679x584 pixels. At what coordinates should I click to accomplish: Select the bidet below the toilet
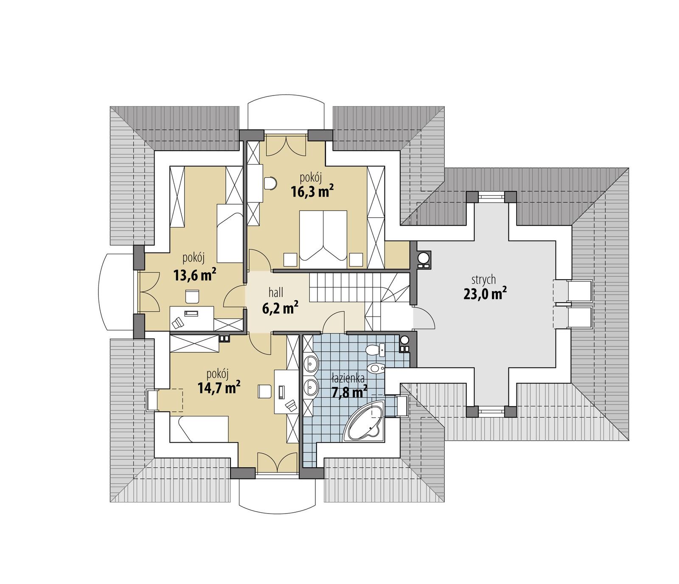point(376,368)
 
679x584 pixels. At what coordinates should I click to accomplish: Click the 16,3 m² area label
point(312,192)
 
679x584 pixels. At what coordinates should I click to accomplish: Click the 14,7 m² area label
point(219,387)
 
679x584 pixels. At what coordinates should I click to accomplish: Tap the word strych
point(483,280)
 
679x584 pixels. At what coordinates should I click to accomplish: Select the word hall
point(275,292)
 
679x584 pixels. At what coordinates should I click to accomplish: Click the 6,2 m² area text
point(280,308)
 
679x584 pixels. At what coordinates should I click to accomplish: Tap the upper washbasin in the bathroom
point(312,364)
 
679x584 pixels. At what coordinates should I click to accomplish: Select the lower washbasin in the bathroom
point(312,387)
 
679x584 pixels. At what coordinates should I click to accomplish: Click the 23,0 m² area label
point(485,294)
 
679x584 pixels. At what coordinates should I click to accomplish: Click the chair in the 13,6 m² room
point(192,296)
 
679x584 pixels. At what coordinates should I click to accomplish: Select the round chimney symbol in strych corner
point(424,258)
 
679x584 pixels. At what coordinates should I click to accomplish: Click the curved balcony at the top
point(287,112)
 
